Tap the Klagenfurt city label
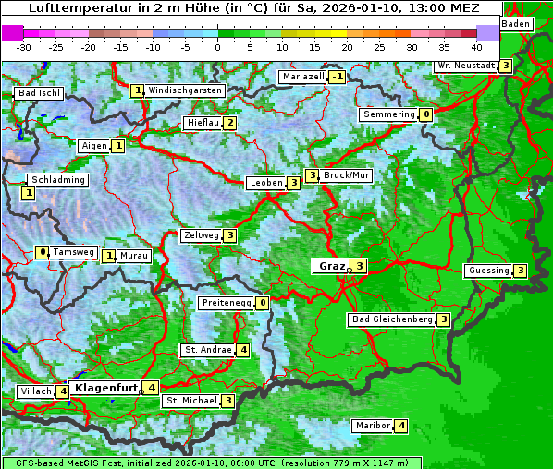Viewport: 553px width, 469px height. point(106,388)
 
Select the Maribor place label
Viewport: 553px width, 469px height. point(372,426)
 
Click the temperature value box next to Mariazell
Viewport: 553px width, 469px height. point(337,77)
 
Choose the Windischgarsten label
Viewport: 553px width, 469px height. point(185,90)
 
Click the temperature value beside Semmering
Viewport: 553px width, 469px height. point(425,114)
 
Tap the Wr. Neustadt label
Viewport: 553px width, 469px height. point(466,66)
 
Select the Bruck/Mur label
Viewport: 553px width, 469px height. point(347,175)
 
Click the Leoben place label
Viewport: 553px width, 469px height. point(266,183)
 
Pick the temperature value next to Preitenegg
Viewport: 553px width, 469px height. point(263,302)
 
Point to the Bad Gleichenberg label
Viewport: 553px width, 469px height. point(392,319)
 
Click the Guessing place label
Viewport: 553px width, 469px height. point(488,271)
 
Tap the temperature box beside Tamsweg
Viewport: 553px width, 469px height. point(42,252)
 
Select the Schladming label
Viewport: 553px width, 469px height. point(58,180)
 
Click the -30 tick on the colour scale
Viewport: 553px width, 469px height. point(24,46)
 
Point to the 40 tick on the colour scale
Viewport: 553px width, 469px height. point(476,46)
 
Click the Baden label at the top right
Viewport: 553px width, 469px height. point(516,24)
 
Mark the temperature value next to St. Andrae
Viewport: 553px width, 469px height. point(242,350)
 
